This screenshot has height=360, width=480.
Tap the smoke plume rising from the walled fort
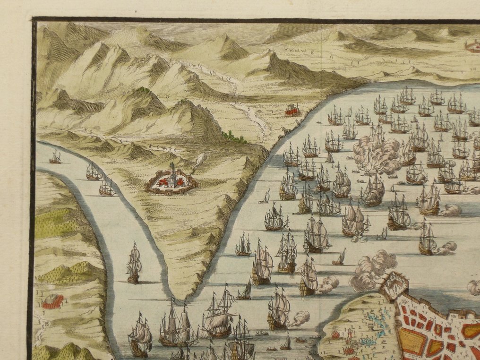200,161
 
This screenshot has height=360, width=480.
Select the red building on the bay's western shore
293,111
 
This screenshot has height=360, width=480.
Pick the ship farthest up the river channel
55,157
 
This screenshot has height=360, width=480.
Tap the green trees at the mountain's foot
234,137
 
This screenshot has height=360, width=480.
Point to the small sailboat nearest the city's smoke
339,258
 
